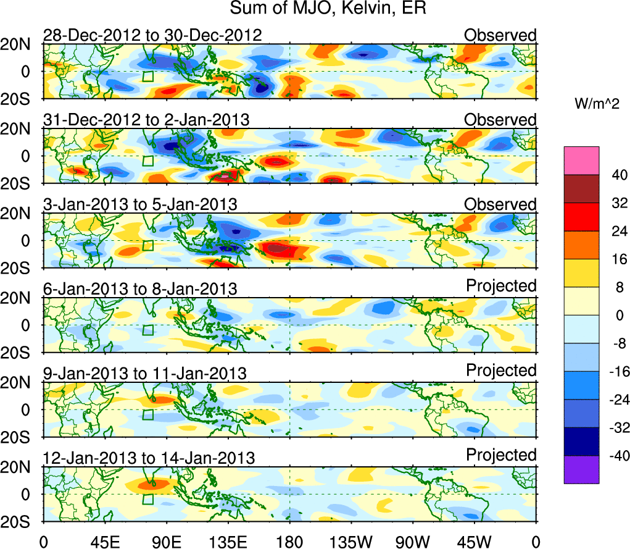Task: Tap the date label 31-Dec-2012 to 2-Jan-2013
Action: point(146,120)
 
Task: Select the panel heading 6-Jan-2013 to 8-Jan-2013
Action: point(140,288)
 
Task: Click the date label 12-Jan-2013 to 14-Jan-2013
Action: point(149,458)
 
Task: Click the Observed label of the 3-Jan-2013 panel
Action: point(500,204)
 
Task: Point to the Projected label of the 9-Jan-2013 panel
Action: point(501,371)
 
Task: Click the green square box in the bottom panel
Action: point(147,500)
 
